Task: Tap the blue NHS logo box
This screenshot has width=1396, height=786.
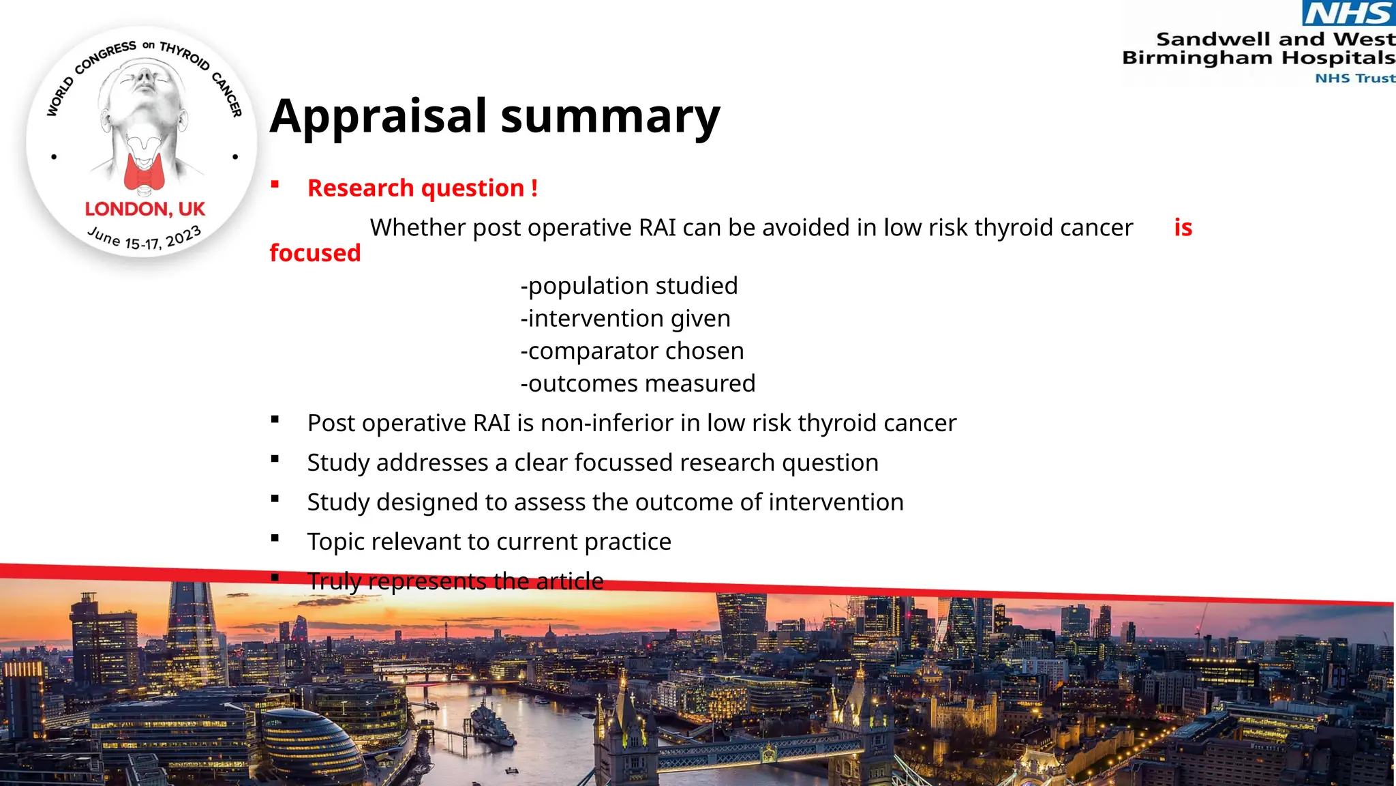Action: (x=1348, y=13)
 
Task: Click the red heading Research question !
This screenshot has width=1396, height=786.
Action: (x=422, y=188)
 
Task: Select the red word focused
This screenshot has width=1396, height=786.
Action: (x=315, y=253)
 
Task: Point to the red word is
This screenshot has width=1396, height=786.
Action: (x=1183, y=227)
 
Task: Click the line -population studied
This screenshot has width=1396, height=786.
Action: (x=628, y=286)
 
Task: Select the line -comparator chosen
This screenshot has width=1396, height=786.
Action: (x=632, y=351)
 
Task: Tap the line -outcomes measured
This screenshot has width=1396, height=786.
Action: (x=637, y=383)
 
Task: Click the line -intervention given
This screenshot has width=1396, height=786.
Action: (x=625, y=319)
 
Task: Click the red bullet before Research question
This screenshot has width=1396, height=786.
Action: (x=275, y=184)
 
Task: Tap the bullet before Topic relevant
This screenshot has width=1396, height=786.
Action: (x=275, y=538)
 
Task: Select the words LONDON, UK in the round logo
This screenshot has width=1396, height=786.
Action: (x=145, y=209)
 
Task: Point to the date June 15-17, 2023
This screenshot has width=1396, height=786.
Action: (x=145, y=238)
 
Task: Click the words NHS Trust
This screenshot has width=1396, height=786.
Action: (x=1354, y=78)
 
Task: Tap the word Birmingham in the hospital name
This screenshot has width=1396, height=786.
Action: (x=1197, y=58)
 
